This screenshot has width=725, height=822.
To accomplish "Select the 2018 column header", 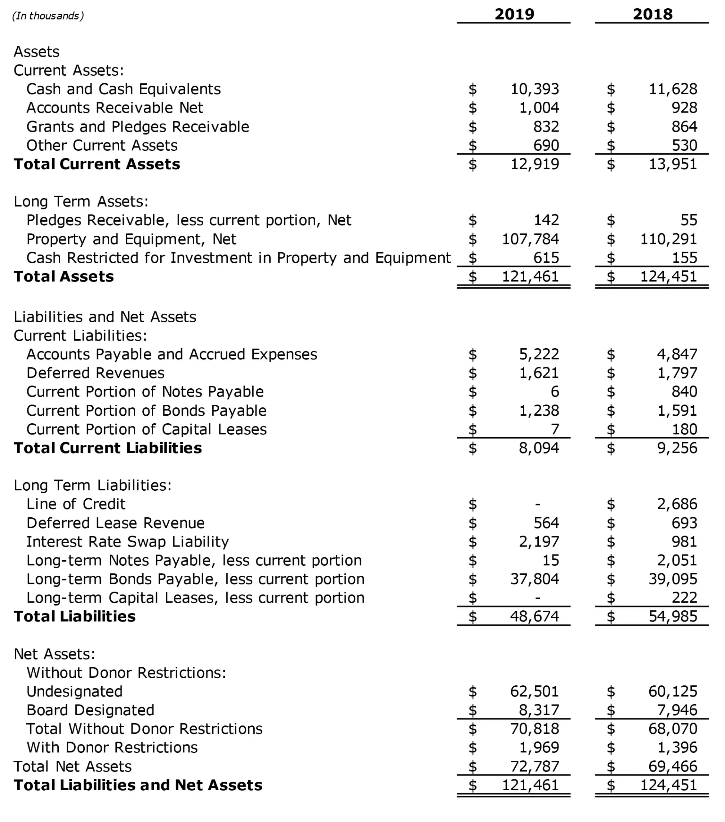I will (x=652, y=14).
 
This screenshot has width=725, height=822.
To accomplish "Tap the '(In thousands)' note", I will (x=48, y=16).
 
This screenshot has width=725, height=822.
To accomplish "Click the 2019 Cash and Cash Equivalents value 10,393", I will (x=534, y=89).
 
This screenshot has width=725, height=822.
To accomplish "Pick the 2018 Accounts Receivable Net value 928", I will (x=684, y=107).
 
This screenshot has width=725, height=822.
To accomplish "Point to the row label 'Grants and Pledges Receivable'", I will (x=137, y=127).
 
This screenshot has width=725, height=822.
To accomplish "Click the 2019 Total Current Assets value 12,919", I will (x=534, y=164).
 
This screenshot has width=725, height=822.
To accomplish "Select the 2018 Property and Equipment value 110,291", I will (x=668, y=239).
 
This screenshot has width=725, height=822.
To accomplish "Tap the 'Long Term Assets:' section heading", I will (x=81, y=201).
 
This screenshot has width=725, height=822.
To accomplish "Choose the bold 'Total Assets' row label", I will (x=63, y=276).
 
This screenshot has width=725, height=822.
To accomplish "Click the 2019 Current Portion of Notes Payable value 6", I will (x=555, y=391).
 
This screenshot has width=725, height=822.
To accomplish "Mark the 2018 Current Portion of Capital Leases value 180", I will (x=684, y=429).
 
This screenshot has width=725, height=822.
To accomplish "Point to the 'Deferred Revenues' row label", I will (x=95, y=373).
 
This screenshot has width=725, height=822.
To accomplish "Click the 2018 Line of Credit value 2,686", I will (x=677, y=504).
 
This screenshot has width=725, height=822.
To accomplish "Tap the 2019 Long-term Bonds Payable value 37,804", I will (x=534, y=579).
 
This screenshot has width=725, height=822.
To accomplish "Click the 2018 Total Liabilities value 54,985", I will (x=672, y=616).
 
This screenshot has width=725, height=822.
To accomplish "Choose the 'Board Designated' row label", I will (x=90, y=710).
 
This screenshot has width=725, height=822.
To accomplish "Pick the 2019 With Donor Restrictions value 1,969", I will (x=539, y=747).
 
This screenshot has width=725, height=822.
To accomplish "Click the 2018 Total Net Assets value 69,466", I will (x=672, y=766).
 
